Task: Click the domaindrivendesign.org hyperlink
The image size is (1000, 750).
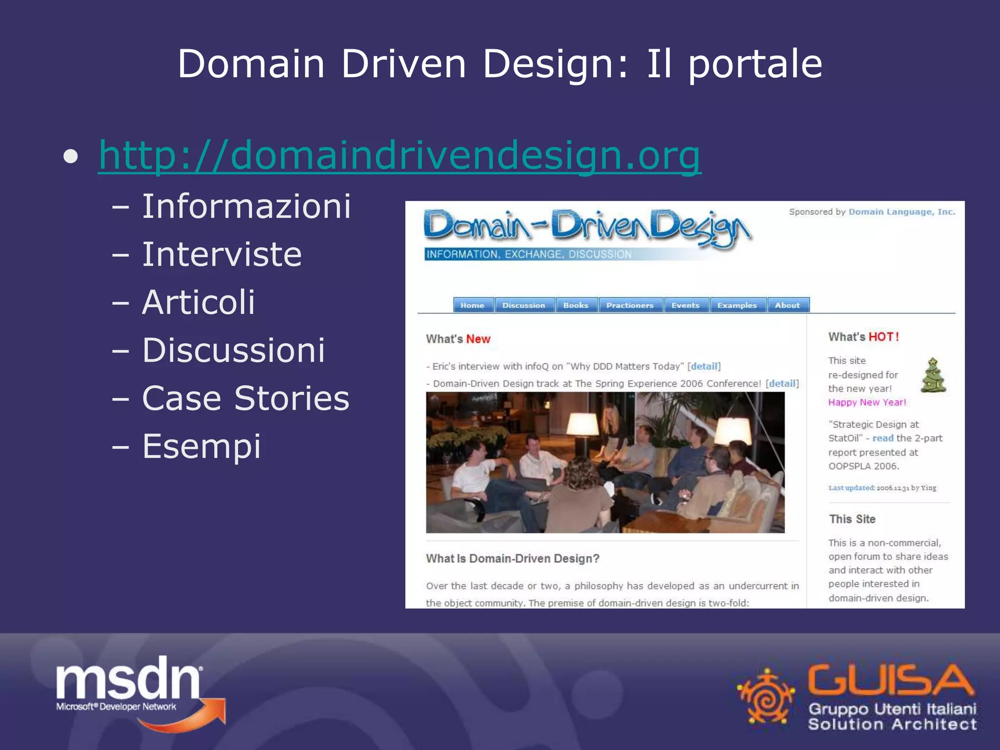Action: coord(399,155)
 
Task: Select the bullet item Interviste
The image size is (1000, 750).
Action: coord(222,254)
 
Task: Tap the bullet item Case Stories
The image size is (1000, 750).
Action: coord(246,398)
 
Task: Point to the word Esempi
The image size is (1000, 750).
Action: coord(202,446)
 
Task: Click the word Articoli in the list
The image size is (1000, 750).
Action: coord(198,302)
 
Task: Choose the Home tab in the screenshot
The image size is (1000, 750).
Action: coord(473,305)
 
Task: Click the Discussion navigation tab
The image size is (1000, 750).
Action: coord(524,305)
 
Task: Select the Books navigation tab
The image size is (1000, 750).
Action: coord(576,305)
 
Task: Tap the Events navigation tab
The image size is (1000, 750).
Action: coord(685,305)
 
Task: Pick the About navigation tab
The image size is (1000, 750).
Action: coord(787,305)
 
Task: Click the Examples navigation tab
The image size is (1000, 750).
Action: coord(737,305)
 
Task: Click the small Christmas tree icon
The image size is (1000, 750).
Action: coord(933,375)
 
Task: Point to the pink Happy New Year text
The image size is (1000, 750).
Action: coord(867,402)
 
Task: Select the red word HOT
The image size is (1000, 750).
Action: coord(883,337)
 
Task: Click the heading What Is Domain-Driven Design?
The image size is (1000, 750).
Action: coord(513,559)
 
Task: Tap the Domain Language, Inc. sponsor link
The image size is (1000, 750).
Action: coord(901,212)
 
